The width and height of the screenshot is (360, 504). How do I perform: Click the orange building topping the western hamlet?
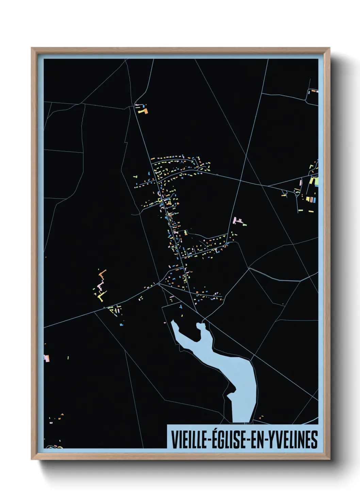(102, 272)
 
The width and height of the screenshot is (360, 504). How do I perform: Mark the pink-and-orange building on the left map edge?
(47, 358)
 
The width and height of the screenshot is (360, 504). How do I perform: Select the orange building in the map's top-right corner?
(314, 91)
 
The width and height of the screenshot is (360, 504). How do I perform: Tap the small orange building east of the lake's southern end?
(261, 416)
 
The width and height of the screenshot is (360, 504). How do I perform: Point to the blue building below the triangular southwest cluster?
(121, 325)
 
